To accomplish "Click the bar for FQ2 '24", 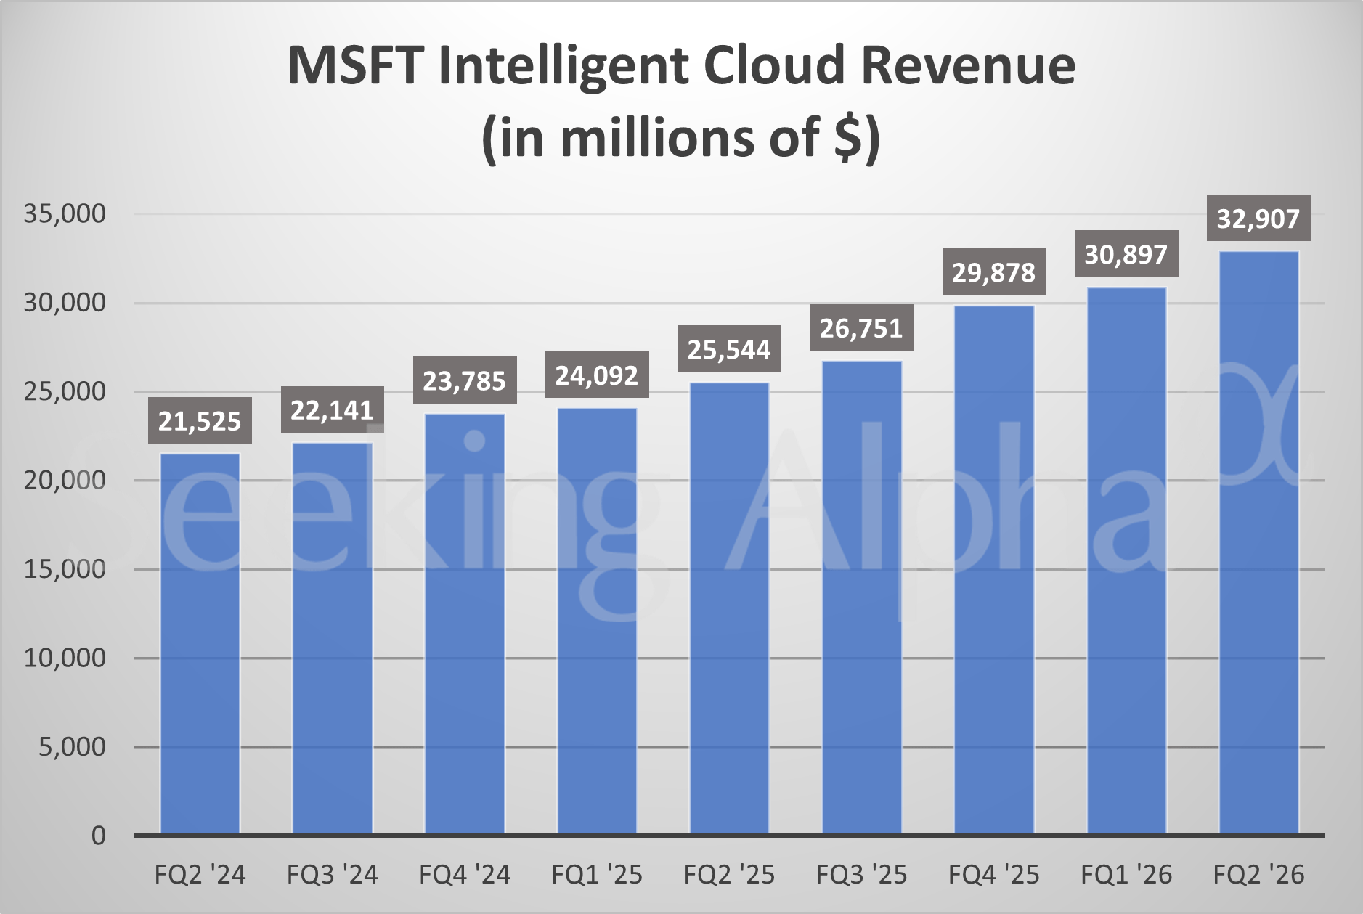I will tap(200, 643).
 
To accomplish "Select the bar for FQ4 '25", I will tap(993, 570).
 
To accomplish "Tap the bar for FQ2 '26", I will tap(1258, 542).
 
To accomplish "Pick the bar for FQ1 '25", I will tap(597, 621).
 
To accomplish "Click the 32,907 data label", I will tap(1258, 218).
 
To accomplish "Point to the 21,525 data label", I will tap(200, 420).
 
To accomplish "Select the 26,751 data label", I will tap(861, 328).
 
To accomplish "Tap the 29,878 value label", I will tap(993, 272).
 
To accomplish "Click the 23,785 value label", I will tap(464, 380).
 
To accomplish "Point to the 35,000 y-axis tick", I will tap(65, 213).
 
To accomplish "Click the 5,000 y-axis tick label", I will tap(72, 746).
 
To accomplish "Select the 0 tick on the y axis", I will tap(98, 836).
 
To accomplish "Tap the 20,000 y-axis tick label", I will tap(65, 480).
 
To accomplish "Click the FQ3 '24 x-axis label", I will tap(332, 875).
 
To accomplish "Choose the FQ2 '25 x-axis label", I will tap(729, 875).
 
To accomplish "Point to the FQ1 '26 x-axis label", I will tap(1126, 875).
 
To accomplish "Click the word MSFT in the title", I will tap(356, 65).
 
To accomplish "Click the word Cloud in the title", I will tap(774, 65).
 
